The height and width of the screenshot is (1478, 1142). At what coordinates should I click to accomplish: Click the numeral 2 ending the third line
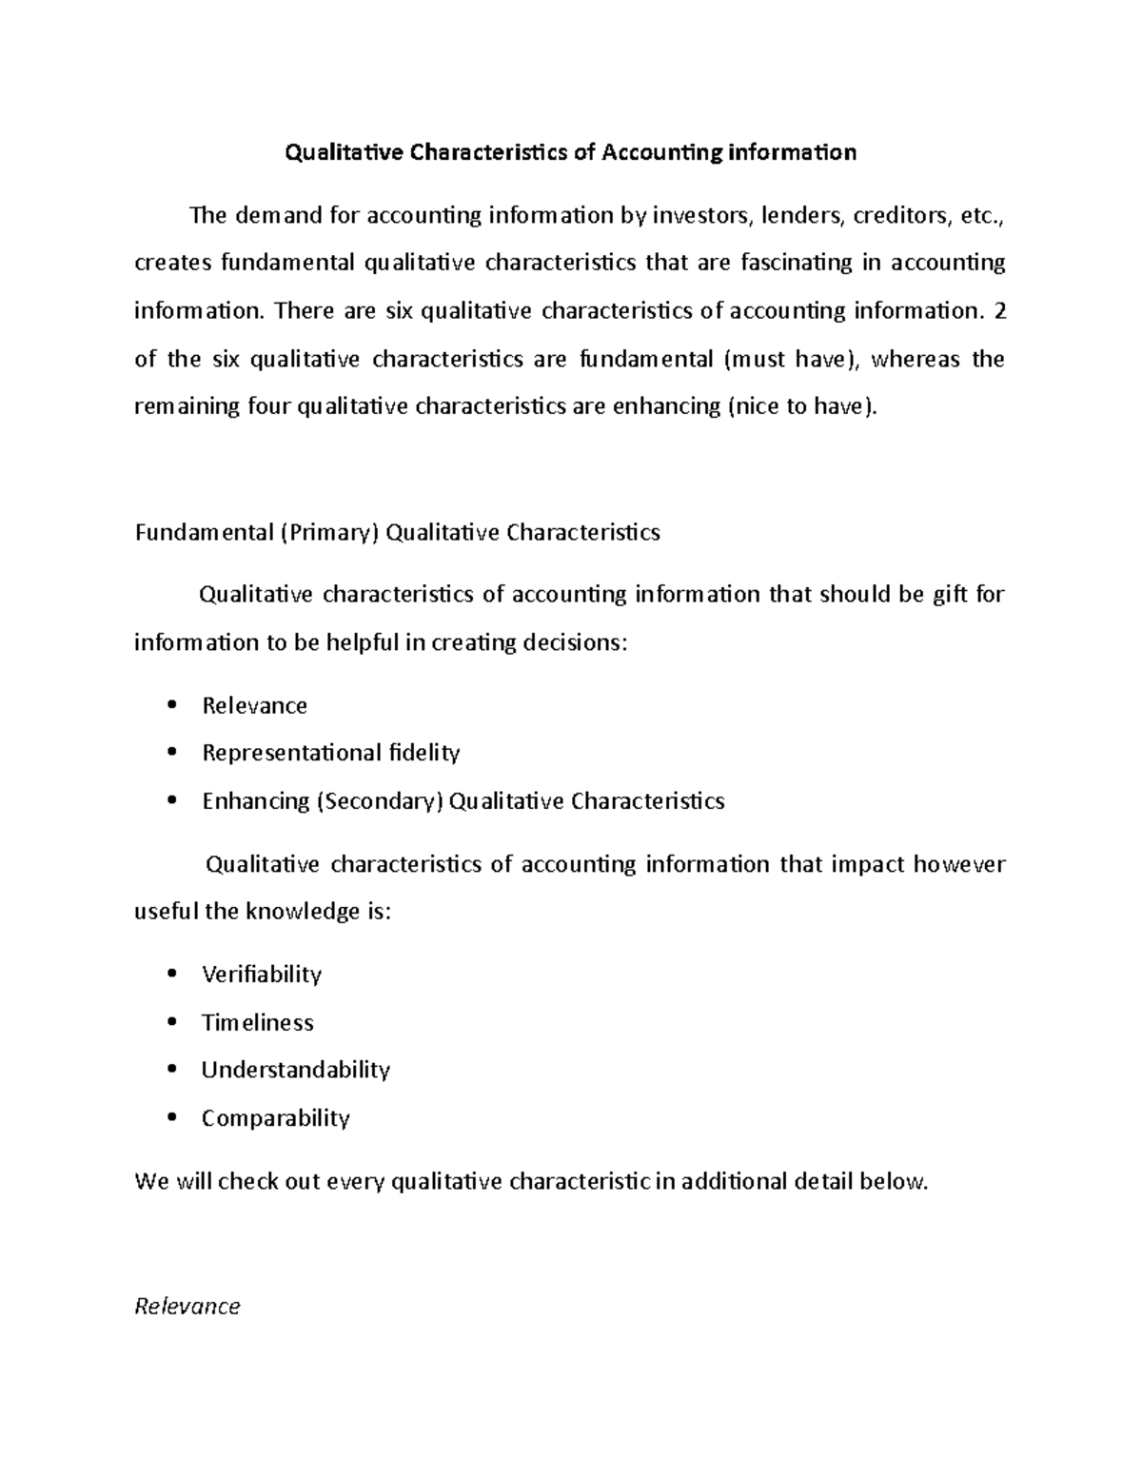998,310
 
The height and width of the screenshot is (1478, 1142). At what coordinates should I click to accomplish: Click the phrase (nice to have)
804,406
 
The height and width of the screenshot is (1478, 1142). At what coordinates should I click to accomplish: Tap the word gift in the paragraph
951,595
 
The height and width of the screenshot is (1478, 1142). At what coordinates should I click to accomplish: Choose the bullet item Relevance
254,706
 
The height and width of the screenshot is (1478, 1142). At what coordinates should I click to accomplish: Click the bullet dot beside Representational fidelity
171,753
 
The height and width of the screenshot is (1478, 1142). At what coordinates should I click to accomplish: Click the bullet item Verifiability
262,975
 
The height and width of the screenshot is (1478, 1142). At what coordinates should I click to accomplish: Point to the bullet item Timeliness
257,1023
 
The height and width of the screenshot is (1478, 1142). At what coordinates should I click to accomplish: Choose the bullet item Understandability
295,1070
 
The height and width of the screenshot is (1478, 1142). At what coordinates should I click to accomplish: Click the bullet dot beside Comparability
171,1118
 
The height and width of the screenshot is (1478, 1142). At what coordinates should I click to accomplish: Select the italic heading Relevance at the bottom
187,1307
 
